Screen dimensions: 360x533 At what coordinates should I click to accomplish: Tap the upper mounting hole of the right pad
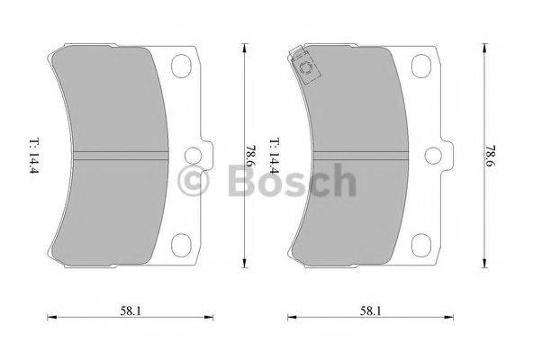421,66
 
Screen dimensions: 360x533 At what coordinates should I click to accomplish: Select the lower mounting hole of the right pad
421,243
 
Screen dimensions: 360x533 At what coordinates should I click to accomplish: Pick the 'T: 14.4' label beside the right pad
276,156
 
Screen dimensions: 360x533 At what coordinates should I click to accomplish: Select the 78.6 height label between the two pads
248,156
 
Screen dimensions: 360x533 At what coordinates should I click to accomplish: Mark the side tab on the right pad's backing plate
447,154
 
